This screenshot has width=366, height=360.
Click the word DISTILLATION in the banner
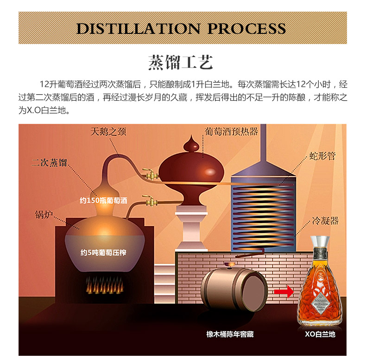[x=138, y=28]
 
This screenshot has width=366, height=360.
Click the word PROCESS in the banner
[x=246, y=28]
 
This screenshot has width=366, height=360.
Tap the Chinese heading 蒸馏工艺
[x=181, y=62]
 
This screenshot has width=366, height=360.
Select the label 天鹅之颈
[x=108, y=132]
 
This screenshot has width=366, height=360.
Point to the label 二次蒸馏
[x=50, y=162]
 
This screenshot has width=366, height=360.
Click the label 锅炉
[x=44, y=214]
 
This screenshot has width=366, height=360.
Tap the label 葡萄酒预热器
[x=231, y=131]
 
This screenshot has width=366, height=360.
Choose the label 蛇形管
[x=322, y=156]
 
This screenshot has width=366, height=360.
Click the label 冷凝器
[x=325, y=220]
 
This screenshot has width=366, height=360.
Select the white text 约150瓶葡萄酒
[x=103, y=200]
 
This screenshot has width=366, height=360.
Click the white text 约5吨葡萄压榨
[x=103, y=252]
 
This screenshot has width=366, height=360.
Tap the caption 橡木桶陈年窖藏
[x=230, y=334]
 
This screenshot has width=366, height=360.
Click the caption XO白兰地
[x=320, y=334]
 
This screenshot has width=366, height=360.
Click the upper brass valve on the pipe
[x=150, y=174]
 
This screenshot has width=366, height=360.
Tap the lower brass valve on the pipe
[x=150, y=201]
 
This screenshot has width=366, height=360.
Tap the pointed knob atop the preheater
[x=191, y=143]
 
